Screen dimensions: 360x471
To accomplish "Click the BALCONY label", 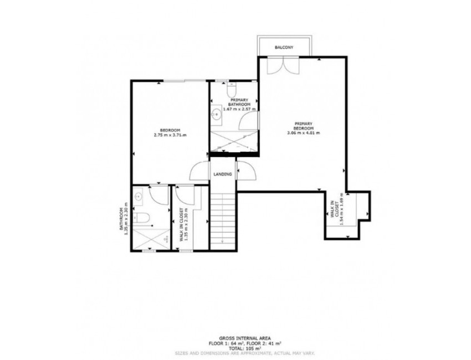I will click(x=284, y=48).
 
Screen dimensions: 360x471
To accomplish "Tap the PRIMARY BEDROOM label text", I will click(x=304, y=126).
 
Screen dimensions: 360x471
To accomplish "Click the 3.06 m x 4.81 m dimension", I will click(x=304, y=133).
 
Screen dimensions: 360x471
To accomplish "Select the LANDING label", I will click(x=223, y=174).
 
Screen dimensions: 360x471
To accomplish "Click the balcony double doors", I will click(x=283, y=65).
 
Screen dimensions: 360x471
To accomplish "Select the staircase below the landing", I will click(x=223, y=219).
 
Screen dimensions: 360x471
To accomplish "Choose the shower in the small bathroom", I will click(x=151, y=239).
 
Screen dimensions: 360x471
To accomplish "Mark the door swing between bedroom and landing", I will click(x=199, y=171).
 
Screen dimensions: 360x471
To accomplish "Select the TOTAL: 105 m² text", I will click(x=235, y=347).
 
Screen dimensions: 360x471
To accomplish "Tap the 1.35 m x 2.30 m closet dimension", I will click(x=187, y=227).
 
